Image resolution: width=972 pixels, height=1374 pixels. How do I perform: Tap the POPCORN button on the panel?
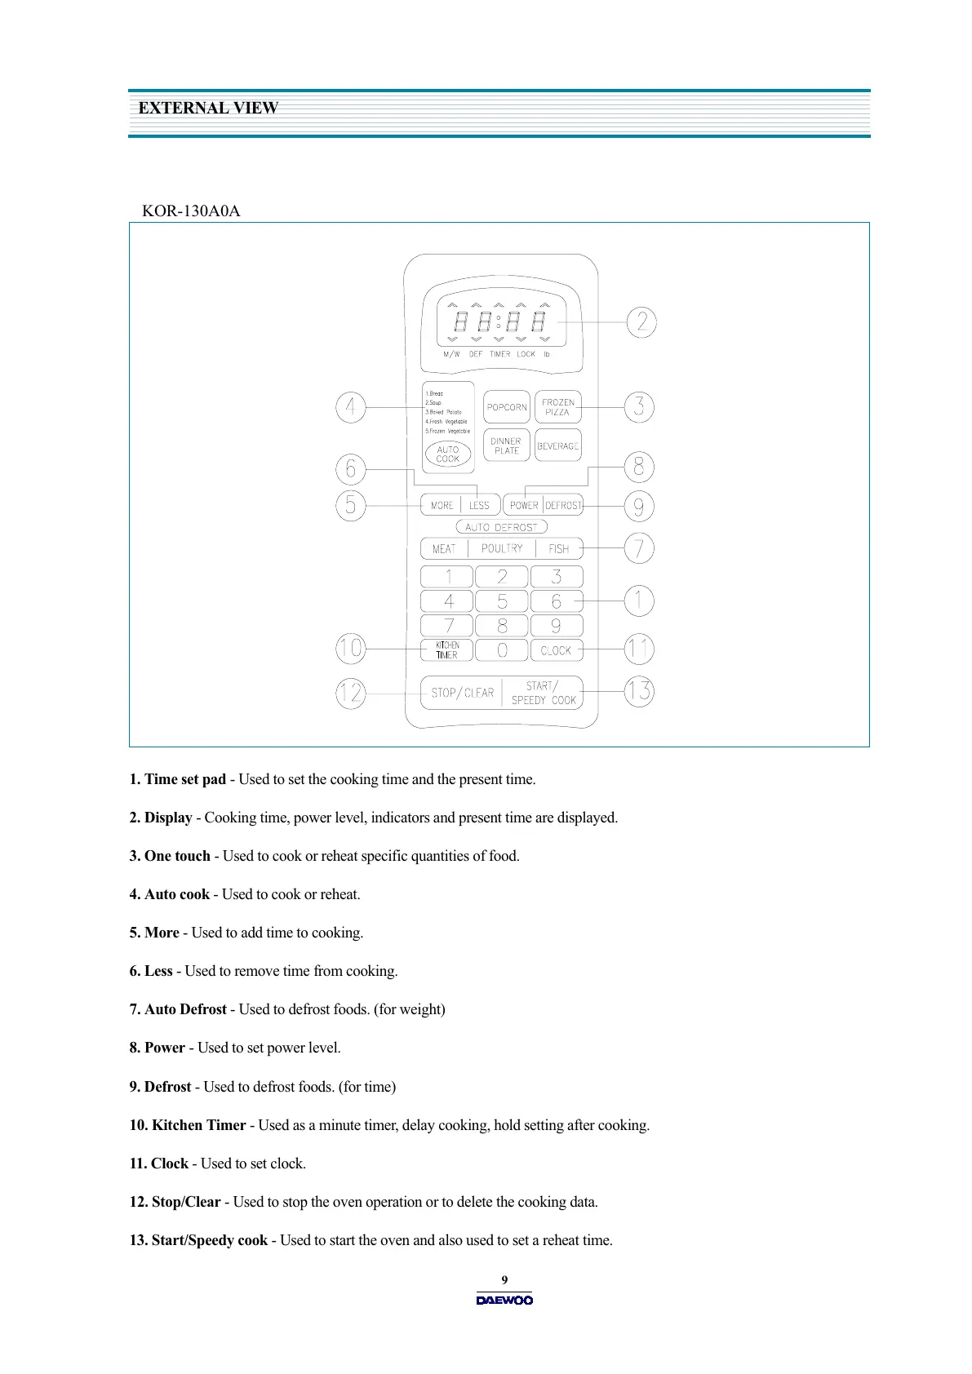click(507, 407)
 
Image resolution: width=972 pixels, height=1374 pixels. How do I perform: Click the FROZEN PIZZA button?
click(558, 407)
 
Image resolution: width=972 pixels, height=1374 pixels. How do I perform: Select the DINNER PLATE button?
click(507, 445)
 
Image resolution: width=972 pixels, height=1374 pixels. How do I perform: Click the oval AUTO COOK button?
click(448, 454)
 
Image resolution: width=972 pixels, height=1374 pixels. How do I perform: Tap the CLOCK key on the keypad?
click(557, 650)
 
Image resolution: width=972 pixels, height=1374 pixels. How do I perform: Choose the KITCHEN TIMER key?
click(447, 650)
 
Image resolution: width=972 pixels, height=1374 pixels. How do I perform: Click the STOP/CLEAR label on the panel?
click(462, 693)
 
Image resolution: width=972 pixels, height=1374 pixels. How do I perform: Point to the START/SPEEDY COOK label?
click(544, 693)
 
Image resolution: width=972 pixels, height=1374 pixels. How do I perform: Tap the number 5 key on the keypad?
click(502, 601)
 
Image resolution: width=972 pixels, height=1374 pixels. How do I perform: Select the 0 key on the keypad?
click(502, 650)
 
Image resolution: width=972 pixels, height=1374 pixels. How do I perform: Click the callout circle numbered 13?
click(639, 692)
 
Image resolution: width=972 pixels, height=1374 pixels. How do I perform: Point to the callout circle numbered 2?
click(641, 322)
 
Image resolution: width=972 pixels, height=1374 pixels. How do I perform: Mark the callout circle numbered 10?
click(351, 649)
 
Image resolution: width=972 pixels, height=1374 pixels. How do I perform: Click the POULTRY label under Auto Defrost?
click(502, 549)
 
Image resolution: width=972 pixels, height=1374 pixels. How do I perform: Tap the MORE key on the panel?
click(442, 506)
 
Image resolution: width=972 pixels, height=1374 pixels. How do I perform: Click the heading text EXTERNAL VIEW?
click(208, 109)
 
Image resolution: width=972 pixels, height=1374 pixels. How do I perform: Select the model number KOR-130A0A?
click(191, 211)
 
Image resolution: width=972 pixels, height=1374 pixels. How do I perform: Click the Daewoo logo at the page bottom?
click(504, 1301)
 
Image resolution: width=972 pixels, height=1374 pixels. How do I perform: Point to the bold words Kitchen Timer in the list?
click(198, 1125)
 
